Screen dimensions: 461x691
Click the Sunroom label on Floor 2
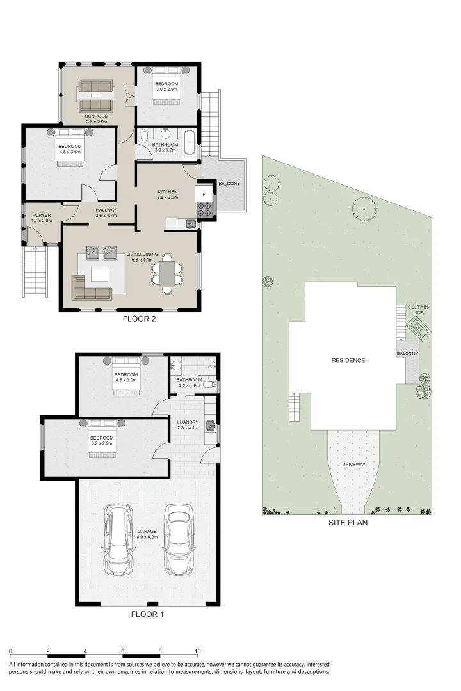(97, 116)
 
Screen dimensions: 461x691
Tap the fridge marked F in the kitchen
(204, 193)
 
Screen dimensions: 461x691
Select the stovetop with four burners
(204, 209)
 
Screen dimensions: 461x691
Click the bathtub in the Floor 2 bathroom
(189, 142)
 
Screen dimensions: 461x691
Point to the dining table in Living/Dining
(167, 274)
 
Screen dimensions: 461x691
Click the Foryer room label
(42, 216)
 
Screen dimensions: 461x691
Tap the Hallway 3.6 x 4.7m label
(106, 213)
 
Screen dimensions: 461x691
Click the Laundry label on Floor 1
(188, 422)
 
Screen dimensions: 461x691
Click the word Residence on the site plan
(348, 360)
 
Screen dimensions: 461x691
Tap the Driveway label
(354, 465)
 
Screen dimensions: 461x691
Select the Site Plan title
(348, 523)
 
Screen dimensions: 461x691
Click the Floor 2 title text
(139, 319)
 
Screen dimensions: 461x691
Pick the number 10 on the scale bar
(198, 651)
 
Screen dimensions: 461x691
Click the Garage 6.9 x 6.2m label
(147, 534)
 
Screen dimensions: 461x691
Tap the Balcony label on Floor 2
(229, 184)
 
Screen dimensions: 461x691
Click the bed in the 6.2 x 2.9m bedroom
(102, 439)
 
